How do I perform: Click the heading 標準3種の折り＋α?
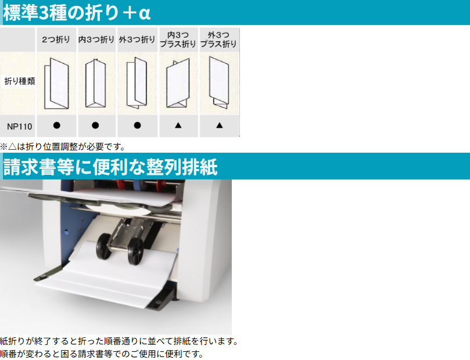77,13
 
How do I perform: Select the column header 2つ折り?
56,39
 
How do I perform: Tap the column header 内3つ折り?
96,39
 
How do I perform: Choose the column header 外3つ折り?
137,39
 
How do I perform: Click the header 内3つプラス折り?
178,39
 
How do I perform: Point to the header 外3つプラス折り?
218,39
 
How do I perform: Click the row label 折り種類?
20,81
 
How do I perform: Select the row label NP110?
20,127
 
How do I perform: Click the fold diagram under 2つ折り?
57,84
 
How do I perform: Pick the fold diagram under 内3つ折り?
95,83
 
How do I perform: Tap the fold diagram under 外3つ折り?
137,83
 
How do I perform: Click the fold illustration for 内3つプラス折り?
178,83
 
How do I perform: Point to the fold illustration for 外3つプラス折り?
219,82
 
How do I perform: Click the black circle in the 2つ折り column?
57,125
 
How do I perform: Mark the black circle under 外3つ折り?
137,125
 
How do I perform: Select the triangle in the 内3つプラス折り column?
178,125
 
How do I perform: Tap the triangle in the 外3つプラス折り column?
220,125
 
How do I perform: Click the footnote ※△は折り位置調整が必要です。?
63,146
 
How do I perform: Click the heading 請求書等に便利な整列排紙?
110,167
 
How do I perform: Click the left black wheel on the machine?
104,247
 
